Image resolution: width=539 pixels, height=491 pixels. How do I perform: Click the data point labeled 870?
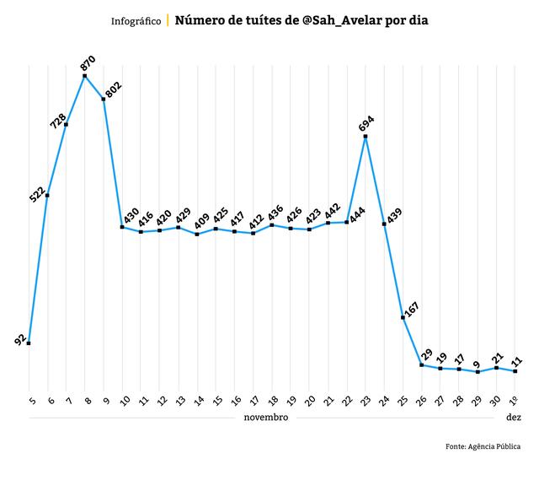pyautogui.click(x=85, y=76)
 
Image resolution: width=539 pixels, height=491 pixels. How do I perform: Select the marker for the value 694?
pyautogui.click(x=366, y=136)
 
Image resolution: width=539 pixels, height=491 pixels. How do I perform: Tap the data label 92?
pyautogui.click(x=20, y=339)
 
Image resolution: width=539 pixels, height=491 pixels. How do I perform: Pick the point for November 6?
pyautogui.click(x=47, y=195)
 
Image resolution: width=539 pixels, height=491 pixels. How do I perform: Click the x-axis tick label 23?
pyautogui.click(x=366, y=401)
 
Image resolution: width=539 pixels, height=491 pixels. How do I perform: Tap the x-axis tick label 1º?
pyautogui.click(x=514, y=400)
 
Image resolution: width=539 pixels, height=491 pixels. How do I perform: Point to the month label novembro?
pyautogui.click(x=266, y=418)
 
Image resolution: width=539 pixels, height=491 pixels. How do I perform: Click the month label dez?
pyautogui.click(x=514, y=418)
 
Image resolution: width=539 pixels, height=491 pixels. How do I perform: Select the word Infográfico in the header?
pyautogui.click(x=136, y=20)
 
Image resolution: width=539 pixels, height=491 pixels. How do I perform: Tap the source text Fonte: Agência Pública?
pyautogui.click(x=483, y=446)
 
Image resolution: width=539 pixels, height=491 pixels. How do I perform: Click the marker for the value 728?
pyautogui.click(x=66, y=124)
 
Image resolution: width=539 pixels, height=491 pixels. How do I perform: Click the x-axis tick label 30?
pyautogui.click(x=496, y=401)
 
